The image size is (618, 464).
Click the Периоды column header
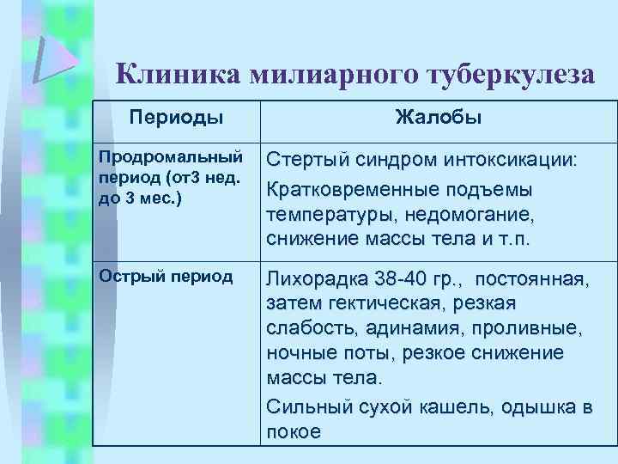tap(176, 118)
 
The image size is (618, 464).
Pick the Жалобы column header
tap(438, 118)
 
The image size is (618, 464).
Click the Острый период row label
tap(166, 276)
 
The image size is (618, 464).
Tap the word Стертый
tap(307, 161)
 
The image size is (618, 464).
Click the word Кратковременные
tap(354, 188)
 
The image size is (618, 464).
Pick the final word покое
tap(294, 431)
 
